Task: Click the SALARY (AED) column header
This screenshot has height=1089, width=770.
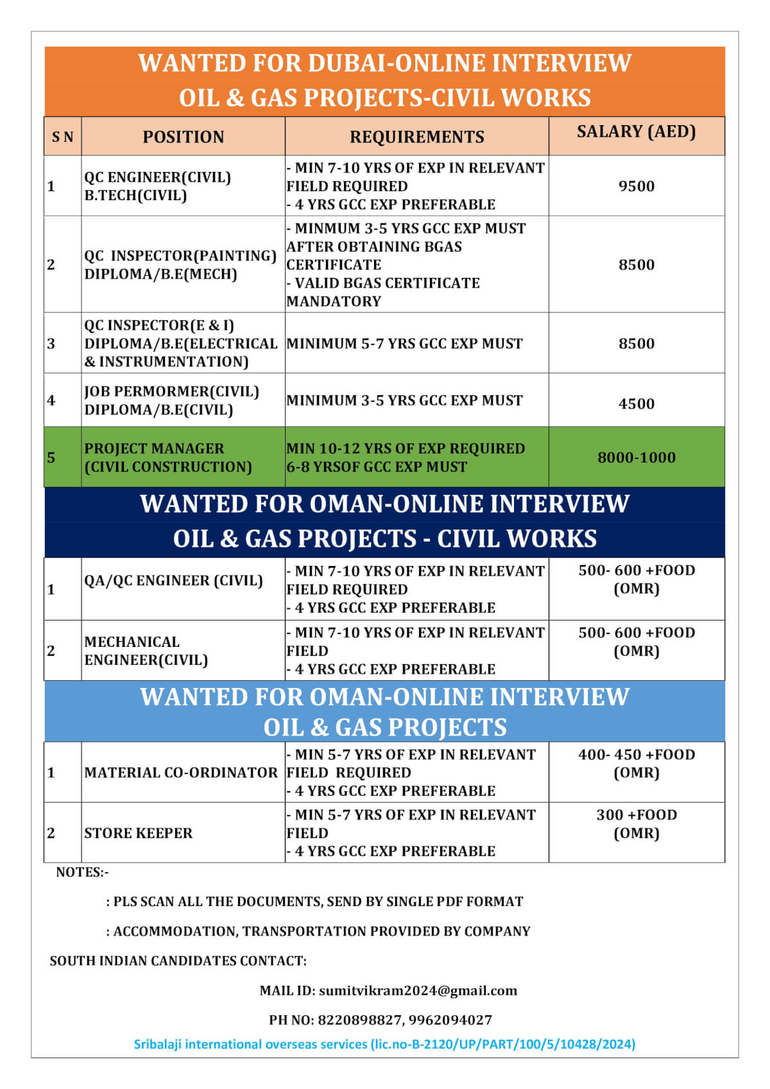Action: [636, 132]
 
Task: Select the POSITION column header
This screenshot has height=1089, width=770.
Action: [183, 137]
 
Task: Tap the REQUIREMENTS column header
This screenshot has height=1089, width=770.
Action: [416, 137]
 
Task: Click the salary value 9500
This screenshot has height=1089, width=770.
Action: [636, 187]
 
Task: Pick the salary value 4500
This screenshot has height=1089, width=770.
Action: [636, 404]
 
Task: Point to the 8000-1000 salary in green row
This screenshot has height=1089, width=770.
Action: [636, 458]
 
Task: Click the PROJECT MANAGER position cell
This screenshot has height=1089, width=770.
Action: [167, 458]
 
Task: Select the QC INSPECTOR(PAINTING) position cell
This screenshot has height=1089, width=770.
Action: [180, 265]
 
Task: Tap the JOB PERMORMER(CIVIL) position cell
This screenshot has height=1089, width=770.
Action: [171, 400]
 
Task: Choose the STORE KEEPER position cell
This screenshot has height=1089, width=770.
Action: [138, 833]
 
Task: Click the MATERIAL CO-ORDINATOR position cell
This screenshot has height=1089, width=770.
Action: [181, 773]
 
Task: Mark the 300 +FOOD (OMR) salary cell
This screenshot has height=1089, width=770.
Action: [636, 824]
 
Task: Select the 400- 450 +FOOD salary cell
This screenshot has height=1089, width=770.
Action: [636, 764]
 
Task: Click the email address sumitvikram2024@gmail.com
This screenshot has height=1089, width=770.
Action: [418, 990]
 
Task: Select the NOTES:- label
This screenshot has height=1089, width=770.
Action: [82, 872]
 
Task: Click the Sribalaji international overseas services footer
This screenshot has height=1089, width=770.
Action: [384, 1044]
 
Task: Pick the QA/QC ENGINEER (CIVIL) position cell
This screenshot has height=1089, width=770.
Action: [173, 581]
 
